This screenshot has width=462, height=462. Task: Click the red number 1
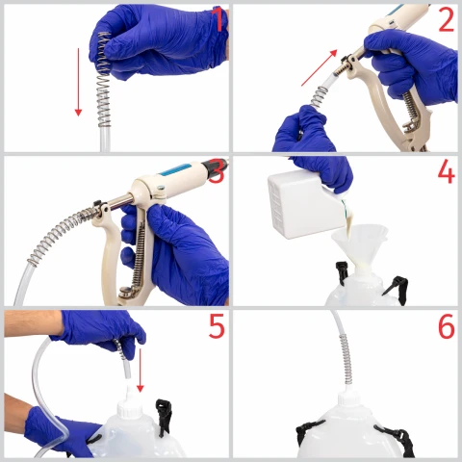click(x=219, y=19)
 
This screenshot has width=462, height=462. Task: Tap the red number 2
click(x=447, y=20)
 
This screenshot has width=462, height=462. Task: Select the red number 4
click(x=447, y=171)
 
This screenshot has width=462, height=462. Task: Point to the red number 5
click(x=217, y=326)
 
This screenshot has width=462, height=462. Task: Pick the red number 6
click(x=447, y=326)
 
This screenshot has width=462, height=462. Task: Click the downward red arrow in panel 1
click(x=78, y=82)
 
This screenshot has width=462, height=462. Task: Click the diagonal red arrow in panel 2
click(x=320, y=67)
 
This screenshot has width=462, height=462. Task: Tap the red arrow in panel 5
click(x=141, y=371)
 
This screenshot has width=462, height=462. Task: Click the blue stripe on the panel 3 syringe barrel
click(x=176, y=169)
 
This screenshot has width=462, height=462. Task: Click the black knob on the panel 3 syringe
click(x=215, y=167)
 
